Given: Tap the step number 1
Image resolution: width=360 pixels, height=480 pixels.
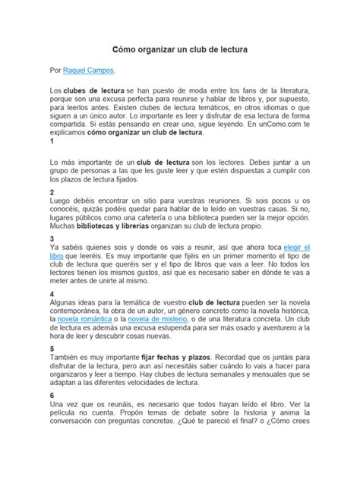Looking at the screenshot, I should (x=50, y=141).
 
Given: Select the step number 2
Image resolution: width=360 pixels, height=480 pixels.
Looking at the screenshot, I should (x=50, y=193).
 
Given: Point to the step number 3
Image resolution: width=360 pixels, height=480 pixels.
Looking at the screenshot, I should (x=50, y=238).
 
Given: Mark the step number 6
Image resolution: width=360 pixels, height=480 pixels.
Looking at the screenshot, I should (x=50, y=396).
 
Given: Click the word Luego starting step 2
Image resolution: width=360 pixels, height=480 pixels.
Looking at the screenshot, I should (x=60, y=201).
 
